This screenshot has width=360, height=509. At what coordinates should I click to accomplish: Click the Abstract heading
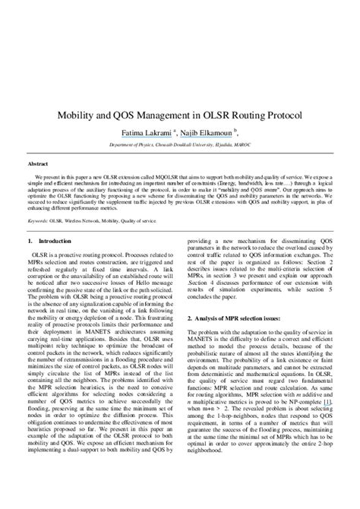coord(38,163)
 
